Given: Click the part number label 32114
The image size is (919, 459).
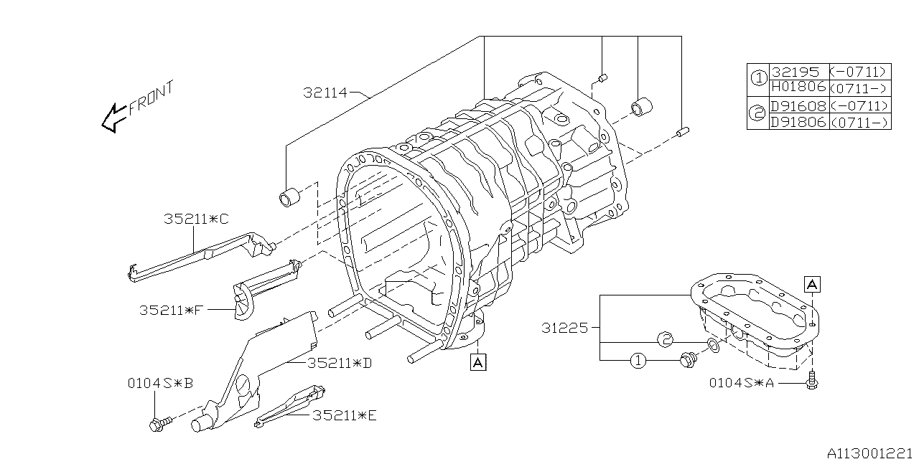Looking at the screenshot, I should [325, 93].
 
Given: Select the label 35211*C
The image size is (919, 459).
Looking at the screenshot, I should [195, 219].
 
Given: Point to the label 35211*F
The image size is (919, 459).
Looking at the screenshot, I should [173, 311].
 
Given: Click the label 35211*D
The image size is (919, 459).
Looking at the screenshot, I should [339, 364].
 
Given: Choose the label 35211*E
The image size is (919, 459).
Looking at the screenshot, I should [344, 415].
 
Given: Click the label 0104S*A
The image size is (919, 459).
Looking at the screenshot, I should [742, 384].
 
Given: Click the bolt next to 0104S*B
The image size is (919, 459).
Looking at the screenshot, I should [158, 425].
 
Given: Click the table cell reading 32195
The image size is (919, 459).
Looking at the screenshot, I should [798, 72].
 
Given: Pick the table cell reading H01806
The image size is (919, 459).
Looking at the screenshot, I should [798, 87].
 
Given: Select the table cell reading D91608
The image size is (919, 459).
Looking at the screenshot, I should [798, 105].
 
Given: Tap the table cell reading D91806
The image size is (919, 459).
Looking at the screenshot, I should [798, 122].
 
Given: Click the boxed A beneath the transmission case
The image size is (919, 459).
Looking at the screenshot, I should [478, 363].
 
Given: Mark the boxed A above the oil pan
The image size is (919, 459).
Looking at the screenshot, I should [811, 284].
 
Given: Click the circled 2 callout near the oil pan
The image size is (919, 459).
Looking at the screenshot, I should [665, 340].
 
